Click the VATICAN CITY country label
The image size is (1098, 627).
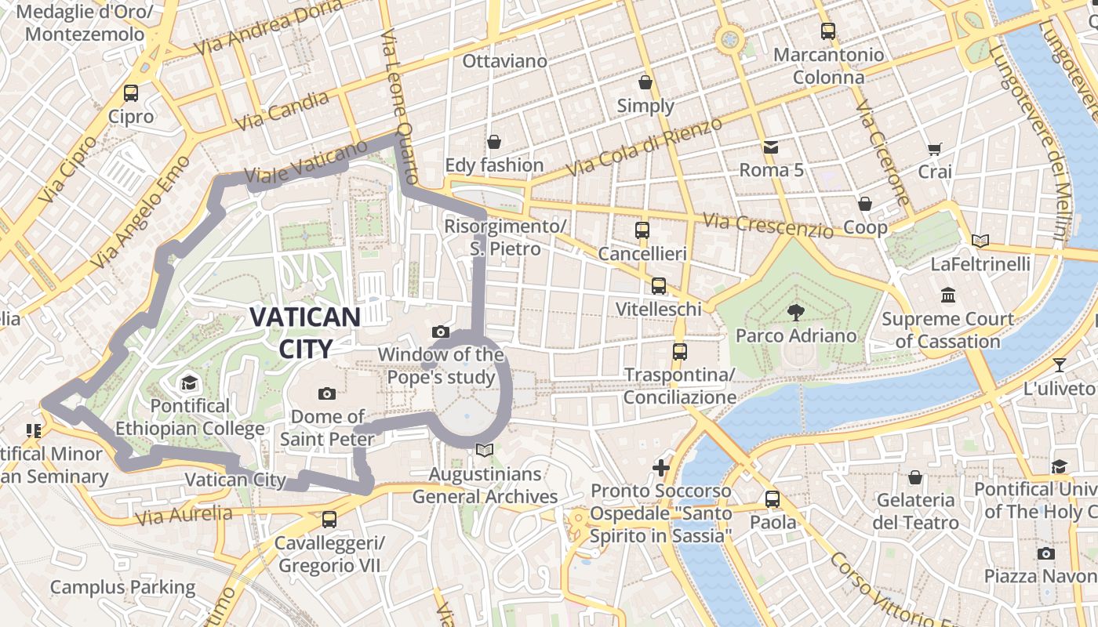(304, 332)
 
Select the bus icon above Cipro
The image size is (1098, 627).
(131, 93)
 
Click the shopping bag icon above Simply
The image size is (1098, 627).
(645, 82)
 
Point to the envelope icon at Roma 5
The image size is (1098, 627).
(770, 147)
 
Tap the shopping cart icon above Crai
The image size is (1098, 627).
(934, 149)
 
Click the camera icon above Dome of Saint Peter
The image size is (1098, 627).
(327, 393)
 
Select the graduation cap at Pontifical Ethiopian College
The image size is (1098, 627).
(189, 383)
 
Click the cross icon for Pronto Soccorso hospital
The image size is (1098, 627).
(661, 468)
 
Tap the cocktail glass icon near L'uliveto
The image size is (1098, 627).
(1060, 364)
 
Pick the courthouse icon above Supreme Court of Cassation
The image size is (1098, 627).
(948, 296)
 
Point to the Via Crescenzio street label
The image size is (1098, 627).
(768, 226)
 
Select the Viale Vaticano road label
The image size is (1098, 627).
(305, 162)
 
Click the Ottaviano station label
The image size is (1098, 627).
(504, 61)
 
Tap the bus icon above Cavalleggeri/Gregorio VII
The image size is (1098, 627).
(329, 519)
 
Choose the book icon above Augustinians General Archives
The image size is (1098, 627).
(485, 451)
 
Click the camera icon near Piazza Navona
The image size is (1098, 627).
(1045, 553)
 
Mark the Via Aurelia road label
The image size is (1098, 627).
(184, 516)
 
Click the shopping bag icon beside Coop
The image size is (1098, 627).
(865, 205)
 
